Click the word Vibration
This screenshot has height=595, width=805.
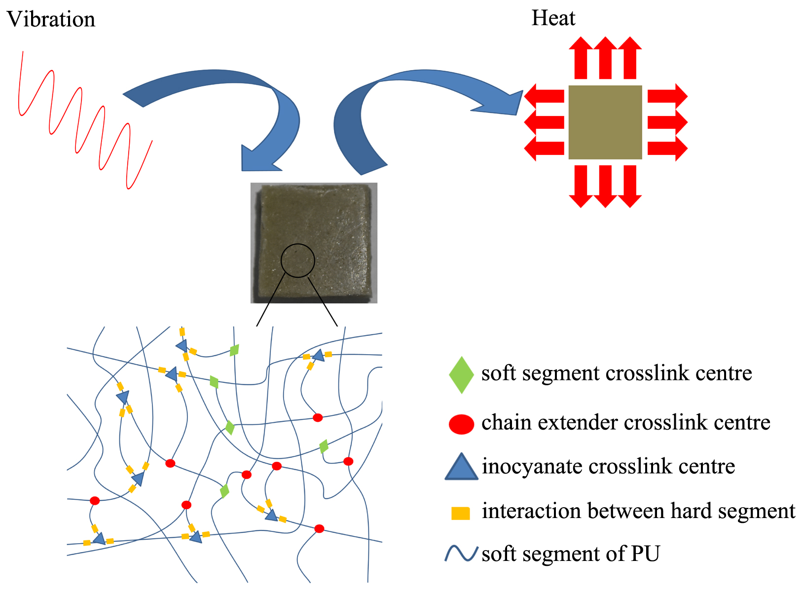[51, 20]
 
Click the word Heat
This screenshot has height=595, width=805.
[553, 19]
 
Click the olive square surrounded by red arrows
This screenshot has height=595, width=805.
[605, 122]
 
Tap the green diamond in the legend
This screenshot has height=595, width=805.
[461, 375]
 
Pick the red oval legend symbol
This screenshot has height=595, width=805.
[461, 424]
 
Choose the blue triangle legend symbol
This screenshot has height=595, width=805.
[461, 468]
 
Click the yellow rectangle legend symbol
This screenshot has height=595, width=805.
[461, 513]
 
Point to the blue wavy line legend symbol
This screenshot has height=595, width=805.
[461, 554]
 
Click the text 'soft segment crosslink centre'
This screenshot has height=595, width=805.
[617, 373]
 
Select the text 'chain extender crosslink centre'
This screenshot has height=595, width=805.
[625, 423]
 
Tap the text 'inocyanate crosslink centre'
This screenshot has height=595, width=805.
[608, 467]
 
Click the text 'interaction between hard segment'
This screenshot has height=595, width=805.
[638, 511]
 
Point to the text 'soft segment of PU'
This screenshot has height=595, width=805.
[571, 554]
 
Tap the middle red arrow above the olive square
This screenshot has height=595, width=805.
[605, 58]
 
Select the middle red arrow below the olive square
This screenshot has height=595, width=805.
[605, 186]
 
